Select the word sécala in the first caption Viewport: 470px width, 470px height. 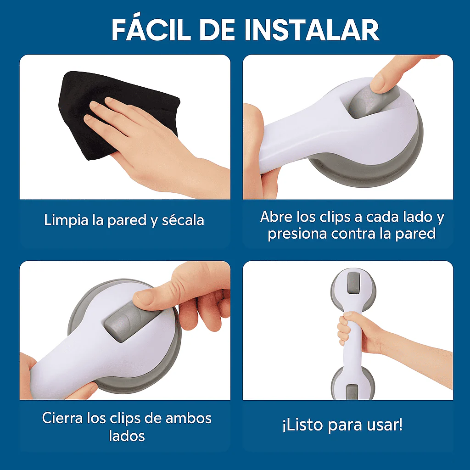[x=183, y=220]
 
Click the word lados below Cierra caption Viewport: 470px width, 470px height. [x=127, y=436]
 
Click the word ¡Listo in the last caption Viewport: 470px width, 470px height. [x=299, y=425]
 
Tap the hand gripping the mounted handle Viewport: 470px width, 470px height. [x=351, y=330]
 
